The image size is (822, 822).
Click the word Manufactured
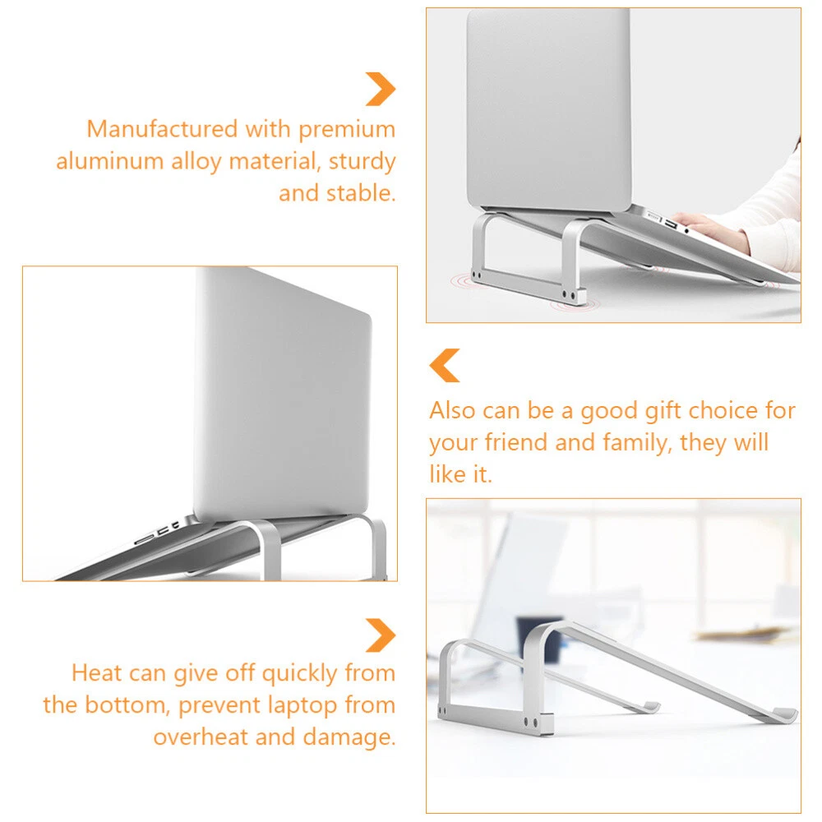[x=163, y=129]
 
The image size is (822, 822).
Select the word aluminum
[x=110, y=161]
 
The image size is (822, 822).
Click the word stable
[x=361, y=193]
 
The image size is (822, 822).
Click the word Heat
[x=96, y=672]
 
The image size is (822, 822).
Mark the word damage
[x=349, y=738]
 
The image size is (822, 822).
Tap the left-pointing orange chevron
[x=444, y=366]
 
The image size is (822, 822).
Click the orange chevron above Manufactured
[x=381, y=89]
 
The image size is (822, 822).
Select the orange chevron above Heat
[x=381, y=635]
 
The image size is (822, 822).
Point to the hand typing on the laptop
[x=708, y=232]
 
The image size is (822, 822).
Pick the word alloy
[x=196, y=162]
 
